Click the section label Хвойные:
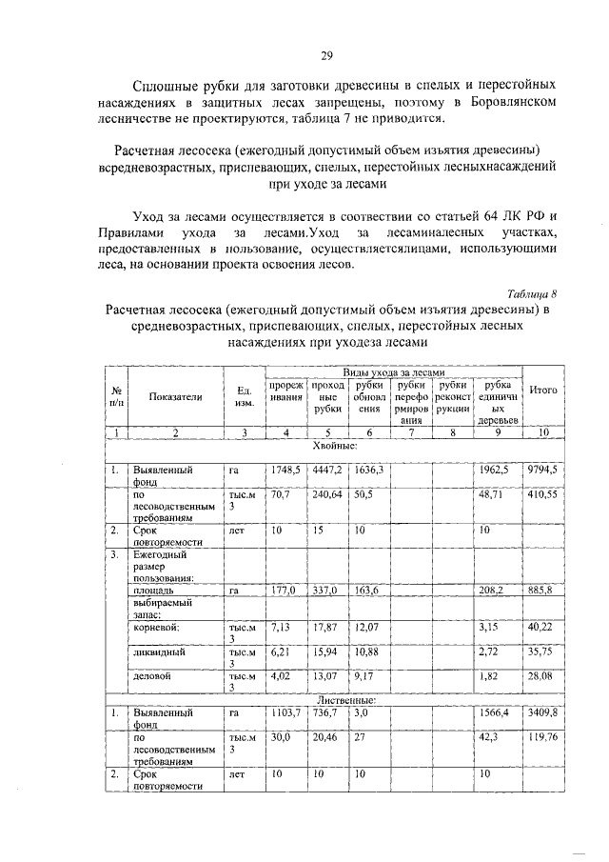click(336, 445)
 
